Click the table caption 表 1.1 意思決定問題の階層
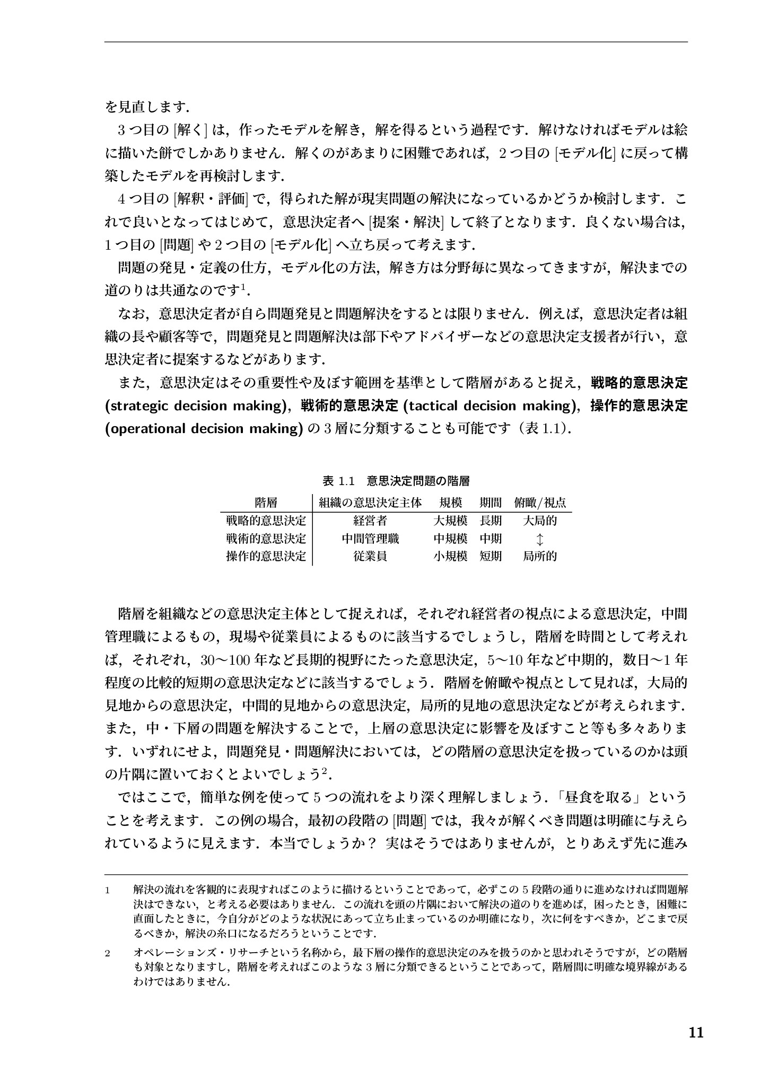[396, 481]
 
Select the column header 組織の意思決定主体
[370, 502]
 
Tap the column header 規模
[450, 502]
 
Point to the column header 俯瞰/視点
[539, 502]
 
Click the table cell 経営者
[370, 521]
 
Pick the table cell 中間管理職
[370, 539]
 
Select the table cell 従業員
[370, 557]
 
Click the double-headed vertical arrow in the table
[539, 539]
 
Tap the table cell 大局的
[539, 521]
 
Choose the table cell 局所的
[539, 557]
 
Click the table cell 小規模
[450, 557]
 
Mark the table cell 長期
[491, 521]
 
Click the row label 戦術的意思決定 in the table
[266, 539]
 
